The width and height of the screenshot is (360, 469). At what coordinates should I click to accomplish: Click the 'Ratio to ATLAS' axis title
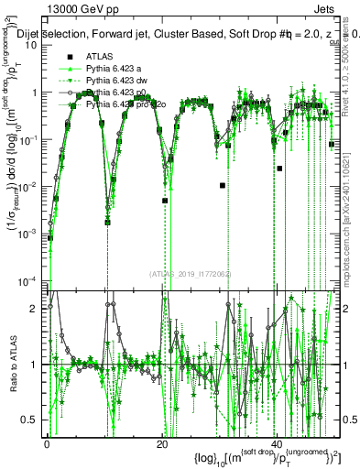11,365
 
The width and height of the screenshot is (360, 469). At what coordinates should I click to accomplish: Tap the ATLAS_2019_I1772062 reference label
191,273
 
